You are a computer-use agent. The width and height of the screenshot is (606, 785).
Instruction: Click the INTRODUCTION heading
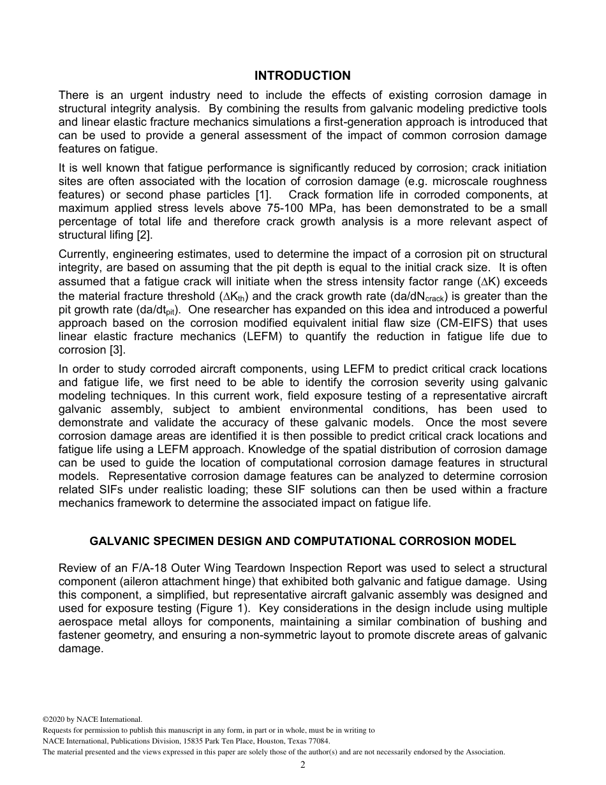point(302,76)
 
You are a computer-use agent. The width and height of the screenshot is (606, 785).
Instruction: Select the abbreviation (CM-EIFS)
point(441,323)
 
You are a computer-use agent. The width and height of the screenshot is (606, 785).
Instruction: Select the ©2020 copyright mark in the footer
point(56,719)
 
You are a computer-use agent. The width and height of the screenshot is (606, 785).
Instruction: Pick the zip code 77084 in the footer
point(319,741)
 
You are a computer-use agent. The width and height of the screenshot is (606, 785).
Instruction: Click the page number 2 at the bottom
point(302,765)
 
